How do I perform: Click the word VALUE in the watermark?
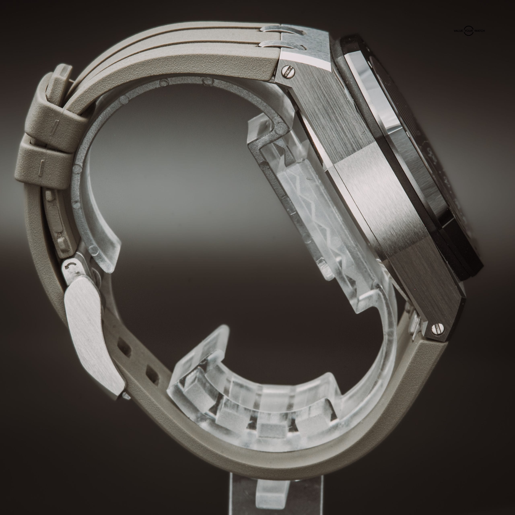458,31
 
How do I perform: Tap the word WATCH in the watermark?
479,31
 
